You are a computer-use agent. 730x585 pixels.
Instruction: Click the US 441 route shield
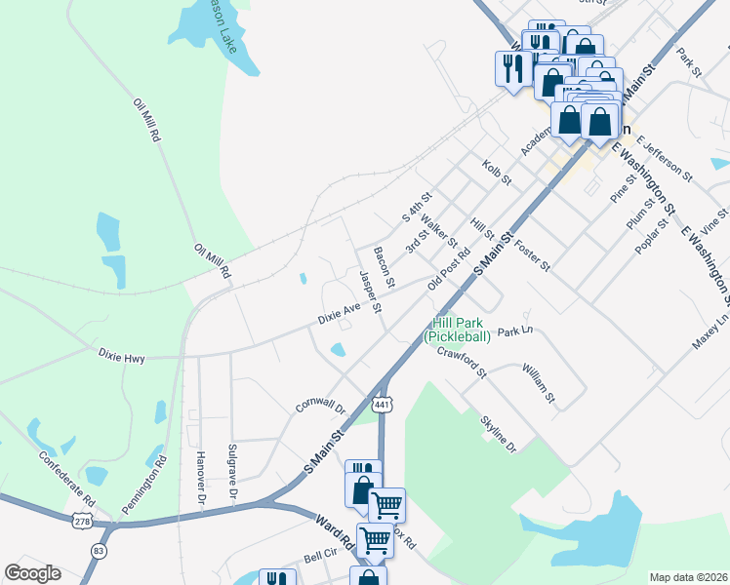point(382,404)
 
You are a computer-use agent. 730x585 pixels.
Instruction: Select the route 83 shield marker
point(99,551)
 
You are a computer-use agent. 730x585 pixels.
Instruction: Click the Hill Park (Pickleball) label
point(457,330)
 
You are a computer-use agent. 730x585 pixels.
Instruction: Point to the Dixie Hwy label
point(121,359)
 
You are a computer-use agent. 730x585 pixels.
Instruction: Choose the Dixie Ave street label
point(340,313)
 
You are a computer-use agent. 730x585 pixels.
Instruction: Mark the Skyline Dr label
point(497,432)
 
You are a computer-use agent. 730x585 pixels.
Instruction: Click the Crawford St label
point(462,362)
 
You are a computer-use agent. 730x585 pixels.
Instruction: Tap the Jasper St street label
point(370,292)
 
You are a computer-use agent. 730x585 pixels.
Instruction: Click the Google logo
point(32,573)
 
